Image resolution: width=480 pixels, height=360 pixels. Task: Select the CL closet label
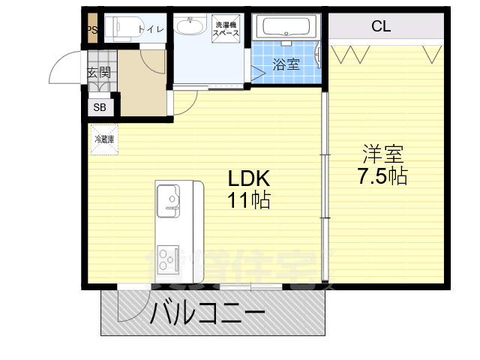[381, 27]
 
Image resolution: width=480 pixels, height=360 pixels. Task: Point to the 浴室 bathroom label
[285, 64]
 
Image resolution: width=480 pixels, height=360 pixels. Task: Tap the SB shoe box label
[100, 107]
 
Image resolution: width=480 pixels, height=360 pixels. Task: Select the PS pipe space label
[92, 30]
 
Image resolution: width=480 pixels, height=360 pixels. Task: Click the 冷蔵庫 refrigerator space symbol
[103, 140]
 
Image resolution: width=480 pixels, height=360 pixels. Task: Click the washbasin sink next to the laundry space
[190, 27]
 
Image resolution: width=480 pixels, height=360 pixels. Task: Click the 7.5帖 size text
[382, 178]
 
